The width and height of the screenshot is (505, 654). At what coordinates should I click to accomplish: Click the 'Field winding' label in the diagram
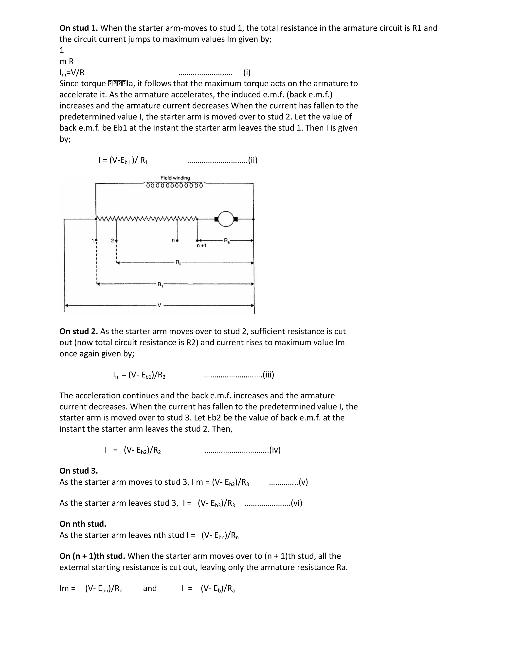pyautogui.click(x=175, y=178)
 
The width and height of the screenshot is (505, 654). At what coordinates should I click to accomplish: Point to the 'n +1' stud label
pyautogui.click(x=202, y=246)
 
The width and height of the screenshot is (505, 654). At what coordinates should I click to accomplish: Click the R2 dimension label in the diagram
pyautogui.click(x=178, y=263)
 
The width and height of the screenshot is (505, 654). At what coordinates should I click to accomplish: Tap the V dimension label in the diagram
pyautogui.click(x=159, y=306)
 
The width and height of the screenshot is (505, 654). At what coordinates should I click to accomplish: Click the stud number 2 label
pyautogui.click(x=112, y=240)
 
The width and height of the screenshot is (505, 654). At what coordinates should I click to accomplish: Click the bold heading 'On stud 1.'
pyautogui.click(x=79, y=28)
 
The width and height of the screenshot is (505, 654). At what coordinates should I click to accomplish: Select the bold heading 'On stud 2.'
pyautogui.click(x=79, y=331)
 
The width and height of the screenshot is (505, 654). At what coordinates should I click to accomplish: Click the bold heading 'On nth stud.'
pyautogui.click(x=83, y=524)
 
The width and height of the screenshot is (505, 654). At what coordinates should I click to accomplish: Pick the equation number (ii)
pyautogui.click(x=252, y=160)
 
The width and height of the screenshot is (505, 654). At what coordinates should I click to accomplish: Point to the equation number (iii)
pyautogui.click(x=268, y=375)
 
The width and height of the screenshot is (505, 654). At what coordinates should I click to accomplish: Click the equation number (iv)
pyautogui.click(x=275, y=450)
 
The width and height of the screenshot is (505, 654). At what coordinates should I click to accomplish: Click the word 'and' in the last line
pyautogui.click(x=150, y=588)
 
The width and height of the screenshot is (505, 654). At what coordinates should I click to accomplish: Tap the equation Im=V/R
pyautogui.click(x=72, y=73)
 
